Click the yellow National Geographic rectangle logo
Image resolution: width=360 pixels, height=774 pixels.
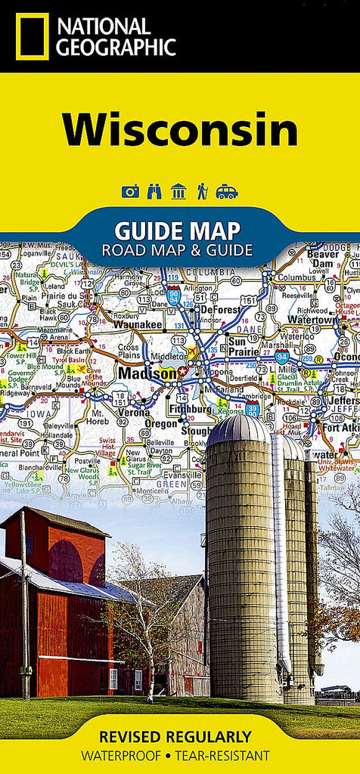pyautogui.click(x=32, y=36)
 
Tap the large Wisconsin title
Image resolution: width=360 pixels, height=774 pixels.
pyautogui.click(x=180, y=130)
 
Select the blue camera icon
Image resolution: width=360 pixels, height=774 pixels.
pyautogui.click(x=130, y=191)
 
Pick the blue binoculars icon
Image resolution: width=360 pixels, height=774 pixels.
pyautogui.click(x=154, y=191)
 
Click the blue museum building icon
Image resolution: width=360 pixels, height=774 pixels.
pyautogui.click(x=178, y=191)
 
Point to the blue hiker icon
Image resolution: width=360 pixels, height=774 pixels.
pyautogui.click(x=202, y=191)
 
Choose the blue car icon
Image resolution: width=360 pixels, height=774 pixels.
pyautogui.click(x=226, y=191)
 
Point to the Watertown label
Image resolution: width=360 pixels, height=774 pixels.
pyautogui.click(x=312, y=320)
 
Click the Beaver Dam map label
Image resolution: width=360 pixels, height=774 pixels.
pyautogui.click(x=324, y=259)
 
